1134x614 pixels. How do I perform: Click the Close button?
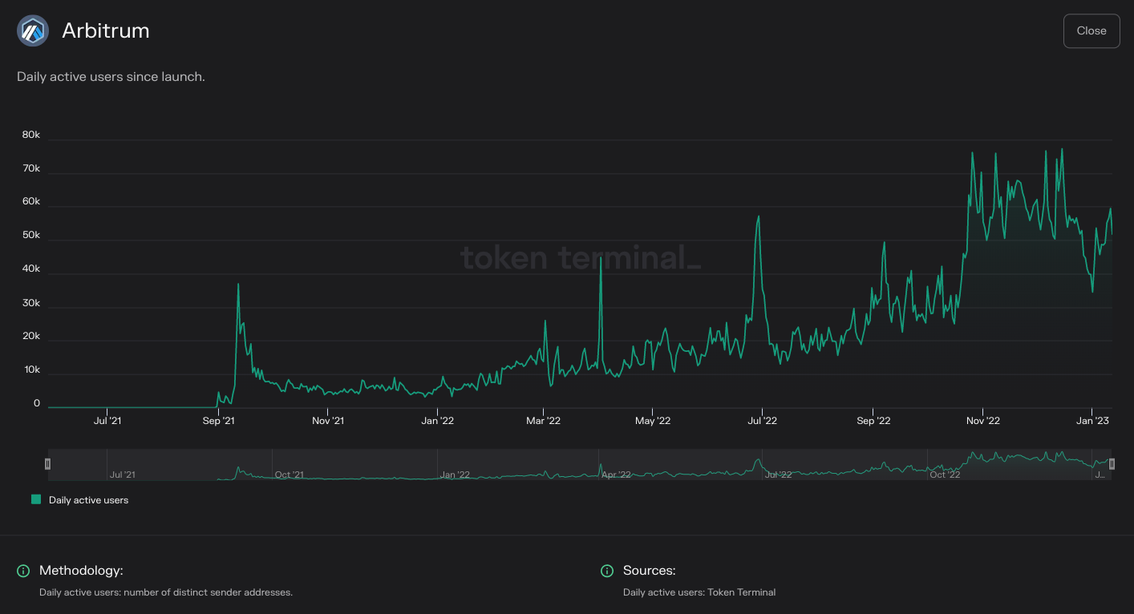tap(1091, 30)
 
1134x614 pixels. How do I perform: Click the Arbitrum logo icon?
tap(33, 31)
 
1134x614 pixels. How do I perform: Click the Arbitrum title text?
tap(105, 31)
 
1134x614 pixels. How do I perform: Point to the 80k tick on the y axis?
tap(31, 135)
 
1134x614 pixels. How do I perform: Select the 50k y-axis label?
tap(31, 236)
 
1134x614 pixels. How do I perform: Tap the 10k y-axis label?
tap(31, 370)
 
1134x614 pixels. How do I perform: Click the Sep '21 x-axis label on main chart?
tap(218, 421)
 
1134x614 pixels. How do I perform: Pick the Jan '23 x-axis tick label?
tap(1091, 421)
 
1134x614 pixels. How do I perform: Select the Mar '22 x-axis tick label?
tap(543, 421)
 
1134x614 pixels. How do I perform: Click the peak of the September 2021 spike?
tap(238, 284)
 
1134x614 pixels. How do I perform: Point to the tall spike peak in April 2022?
tap(600, 257)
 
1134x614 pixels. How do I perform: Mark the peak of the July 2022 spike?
tap(758, 216)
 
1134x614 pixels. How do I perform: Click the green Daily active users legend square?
tap(36, 499)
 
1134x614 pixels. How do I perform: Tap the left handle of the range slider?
tap(47, 464)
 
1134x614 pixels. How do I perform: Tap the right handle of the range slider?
tap(1112, 464)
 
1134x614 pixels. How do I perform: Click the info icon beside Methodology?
tap(23, 571)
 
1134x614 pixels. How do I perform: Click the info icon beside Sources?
tap(607, 571)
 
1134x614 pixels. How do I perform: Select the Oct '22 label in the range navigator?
tap(945, 475)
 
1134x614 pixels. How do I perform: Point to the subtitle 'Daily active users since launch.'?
tap(111, 77)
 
